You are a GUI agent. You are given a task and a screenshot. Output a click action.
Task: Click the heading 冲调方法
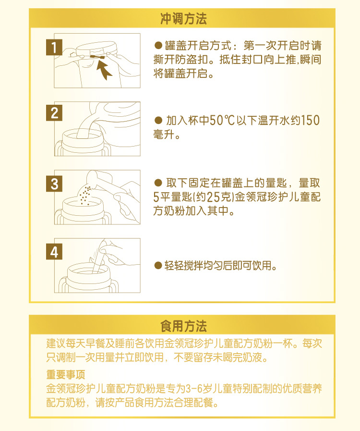point(183,19)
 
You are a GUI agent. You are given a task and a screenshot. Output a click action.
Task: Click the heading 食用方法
point(183,327)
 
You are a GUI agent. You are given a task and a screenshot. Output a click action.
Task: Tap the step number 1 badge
point(54,47)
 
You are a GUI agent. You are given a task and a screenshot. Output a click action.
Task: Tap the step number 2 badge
point(54,113)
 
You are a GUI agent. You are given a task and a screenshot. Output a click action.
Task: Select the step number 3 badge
point(54,184)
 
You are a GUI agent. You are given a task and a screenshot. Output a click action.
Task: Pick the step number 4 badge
point(54,252)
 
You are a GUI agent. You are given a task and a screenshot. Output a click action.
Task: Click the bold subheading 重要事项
point(66,375)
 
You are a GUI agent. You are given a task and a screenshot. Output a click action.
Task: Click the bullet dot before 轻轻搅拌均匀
point(157,266)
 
